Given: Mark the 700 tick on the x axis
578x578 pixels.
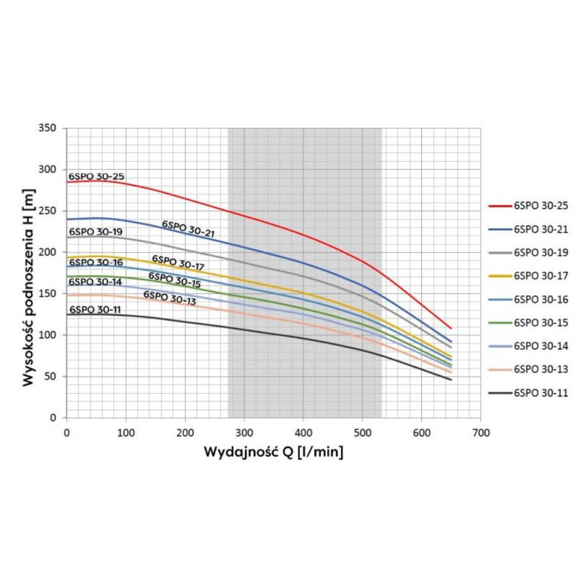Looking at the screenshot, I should click(480, 432).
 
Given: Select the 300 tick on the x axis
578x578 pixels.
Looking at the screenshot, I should click(244, 432).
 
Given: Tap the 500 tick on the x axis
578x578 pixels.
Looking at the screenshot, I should click(362, 432).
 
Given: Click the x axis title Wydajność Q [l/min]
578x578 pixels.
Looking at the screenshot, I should click(273, 452).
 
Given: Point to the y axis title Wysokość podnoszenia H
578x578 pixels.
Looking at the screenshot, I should click(29, 287).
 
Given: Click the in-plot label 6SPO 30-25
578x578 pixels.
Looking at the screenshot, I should click(97, 176).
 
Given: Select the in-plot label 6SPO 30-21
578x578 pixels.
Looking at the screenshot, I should click(188, 228).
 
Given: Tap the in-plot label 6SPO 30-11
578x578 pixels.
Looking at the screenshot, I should click(95, 309).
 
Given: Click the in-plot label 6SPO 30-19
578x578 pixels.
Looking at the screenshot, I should click(95, 232).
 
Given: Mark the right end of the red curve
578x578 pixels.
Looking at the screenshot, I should click(451, 328).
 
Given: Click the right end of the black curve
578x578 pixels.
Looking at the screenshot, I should click(451, 380).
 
